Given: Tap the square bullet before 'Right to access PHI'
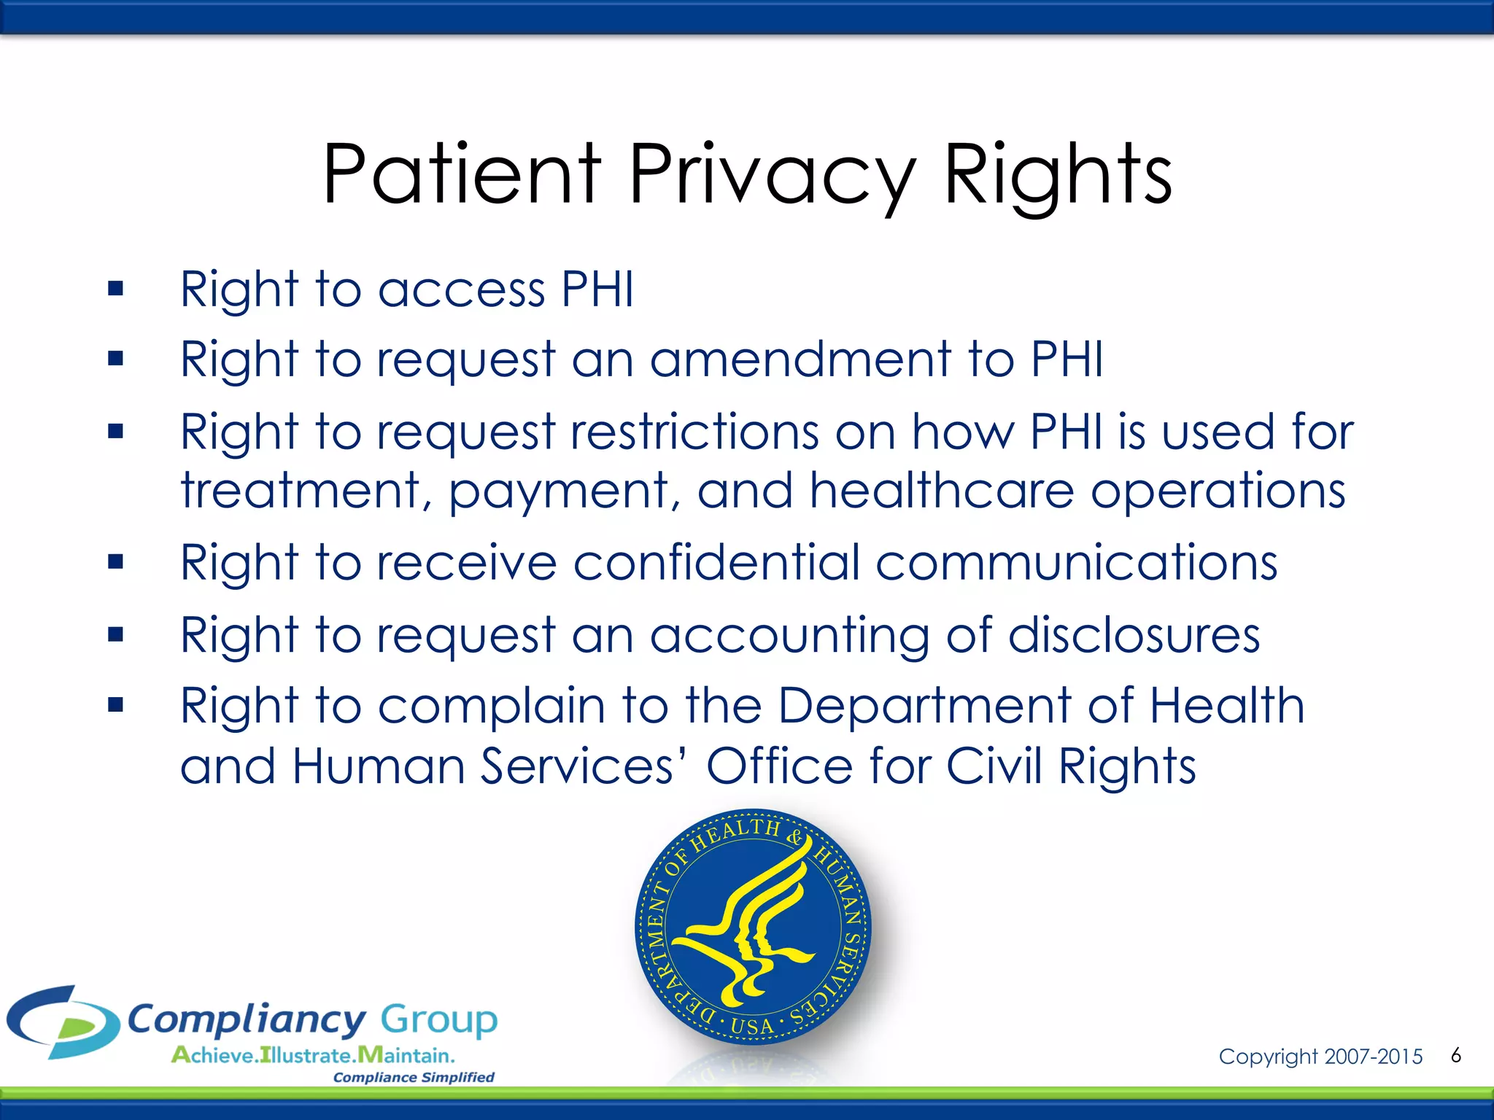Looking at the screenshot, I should coord(115,289).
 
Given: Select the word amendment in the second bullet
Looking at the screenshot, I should coord(800,359).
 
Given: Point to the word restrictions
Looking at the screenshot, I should coord(694,432).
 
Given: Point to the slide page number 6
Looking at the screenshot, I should coord(1456,1055).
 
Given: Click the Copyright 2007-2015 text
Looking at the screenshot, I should coord(1320,1057).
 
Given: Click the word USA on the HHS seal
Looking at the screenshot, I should coord(752,1027).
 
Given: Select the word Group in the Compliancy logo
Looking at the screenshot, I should coord(439,1019).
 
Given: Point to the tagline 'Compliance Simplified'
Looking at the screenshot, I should coord(414,1077).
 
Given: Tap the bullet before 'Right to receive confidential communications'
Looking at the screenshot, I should coord(115,562).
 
